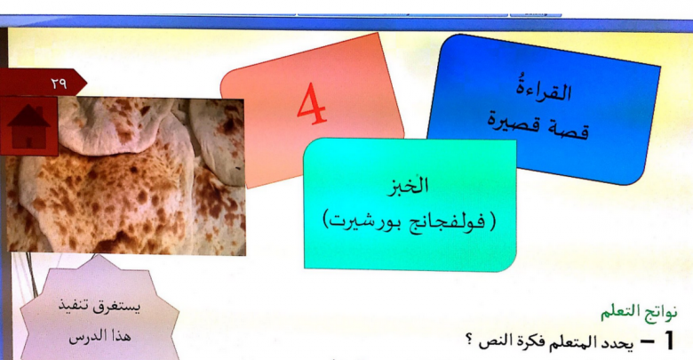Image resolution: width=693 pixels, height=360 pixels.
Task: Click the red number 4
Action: (312, 104)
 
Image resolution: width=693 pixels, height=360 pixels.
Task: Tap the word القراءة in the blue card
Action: (544, 90)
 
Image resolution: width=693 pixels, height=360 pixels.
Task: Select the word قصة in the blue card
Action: (570, 128)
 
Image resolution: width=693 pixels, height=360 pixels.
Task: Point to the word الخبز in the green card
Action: (408, 186)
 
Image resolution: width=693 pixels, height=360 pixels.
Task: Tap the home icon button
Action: (28, 126)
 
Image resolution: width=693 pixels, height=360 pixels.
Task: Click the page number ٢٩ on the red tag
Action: (59, 84)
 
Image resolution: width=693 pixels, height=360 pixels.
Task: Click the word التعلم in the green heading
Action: (619, 311)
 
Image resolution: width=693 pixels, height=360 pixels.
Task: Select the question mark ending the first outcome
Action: (470, 340)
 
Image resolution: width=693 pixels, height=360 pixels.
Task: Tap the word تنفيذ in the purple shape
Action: (74, 305)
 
